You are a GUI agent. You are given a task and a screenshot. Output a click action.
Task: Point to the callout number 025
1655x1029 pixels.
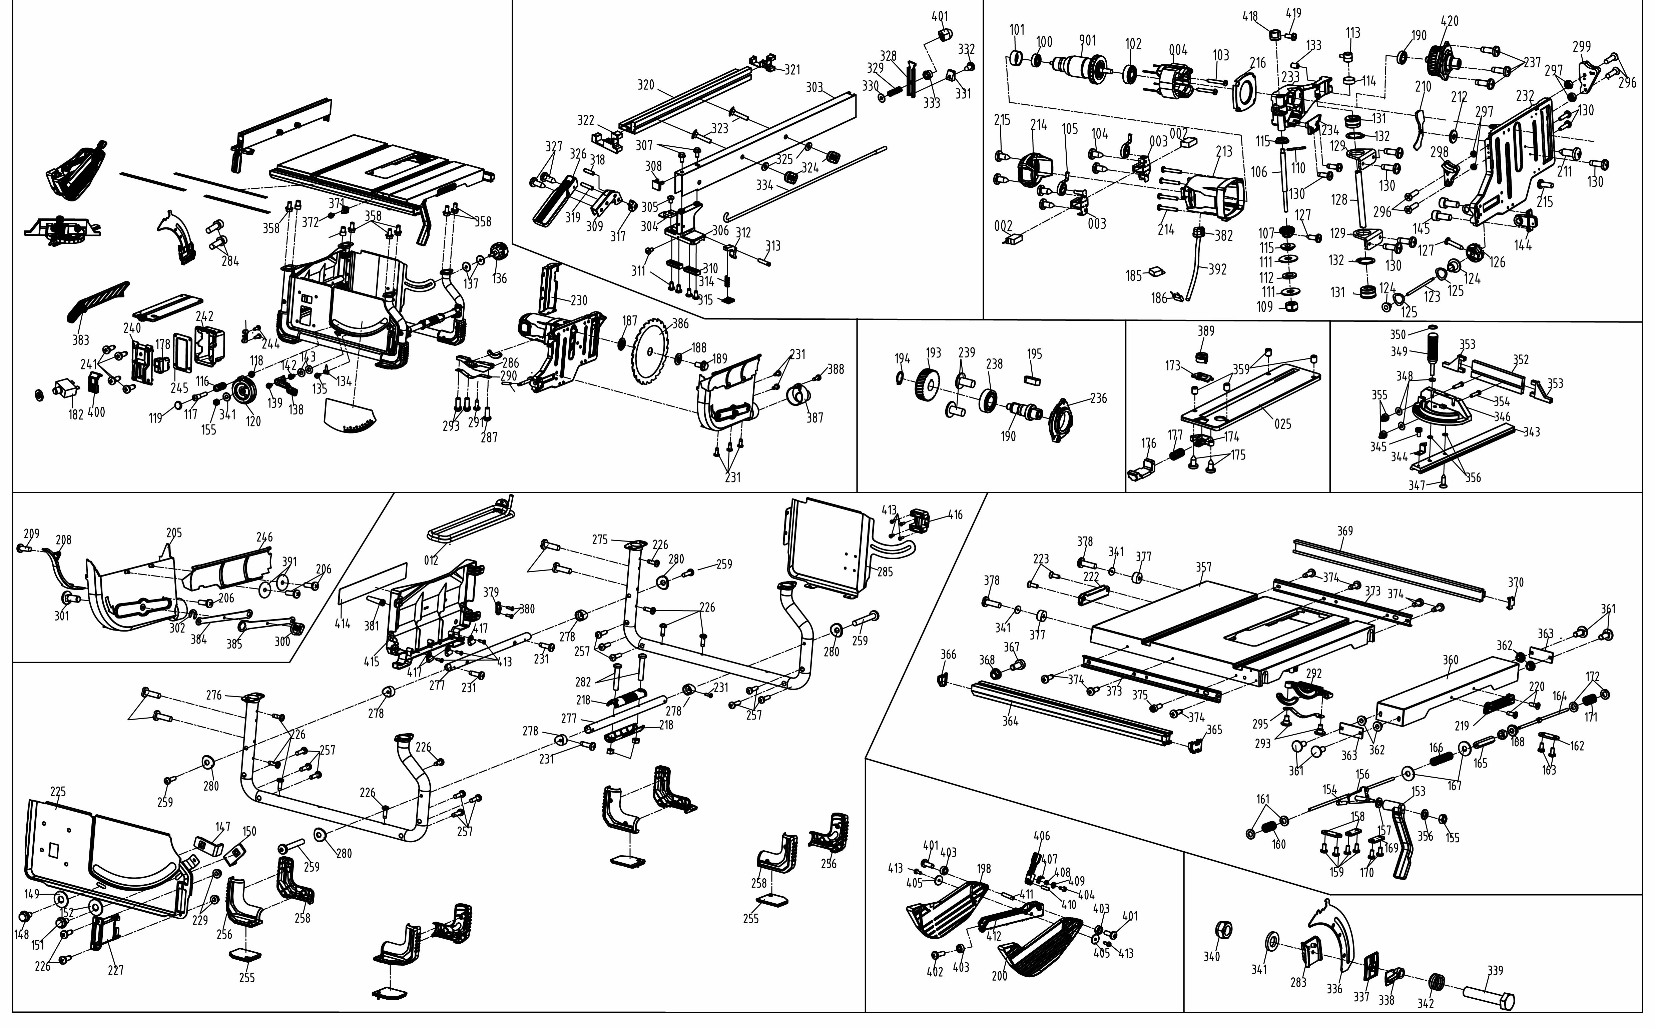coord(1282,424)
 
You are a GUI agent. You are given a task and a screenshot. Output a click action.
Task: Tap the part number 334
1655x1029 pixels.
coord(764,185)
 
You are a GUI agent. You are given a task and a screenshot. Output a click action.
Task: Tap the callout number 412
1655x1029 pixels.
coord(993,936)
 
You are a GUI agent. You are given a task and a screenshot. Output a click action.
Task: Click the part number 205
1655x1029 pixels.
coord(174,533)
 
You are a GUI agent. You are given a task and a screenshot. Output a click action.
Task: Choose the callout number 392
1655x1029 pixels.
coord(1217,269)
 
